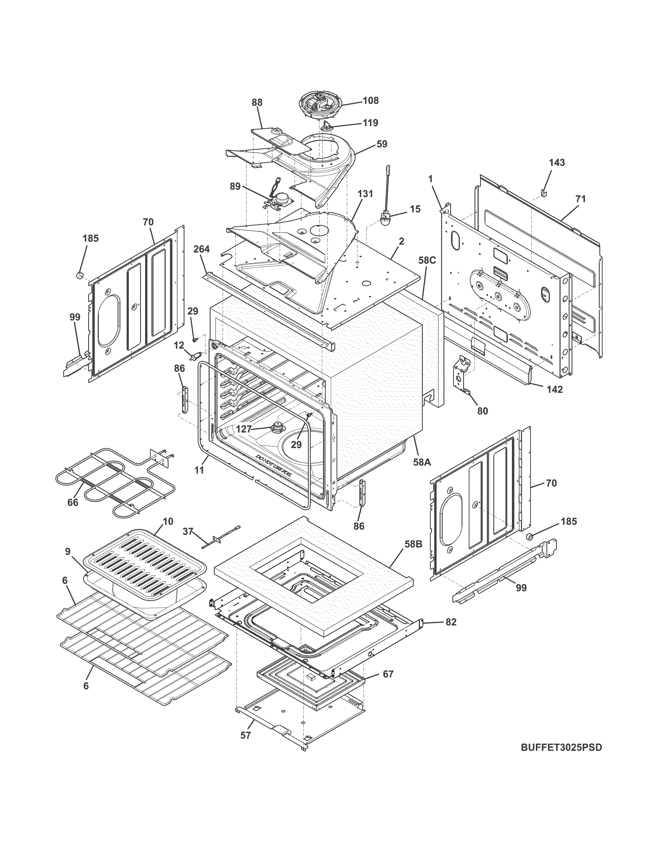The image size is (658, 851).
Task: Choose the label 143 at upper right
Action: [557, 162]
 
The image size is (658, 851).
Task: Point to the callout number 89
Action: [235, 186]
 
